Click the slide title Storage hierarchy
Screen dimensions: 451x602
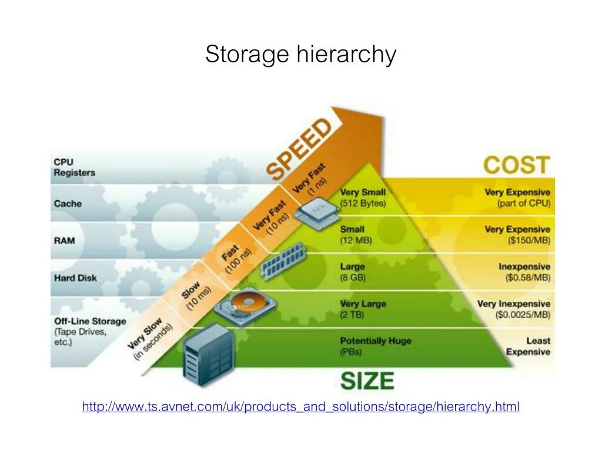300,55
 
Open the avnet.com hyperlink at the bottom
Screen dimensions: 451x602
300,406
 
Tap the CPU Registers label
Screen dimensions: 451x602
74,167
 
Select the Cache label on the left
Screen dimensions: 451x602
68,204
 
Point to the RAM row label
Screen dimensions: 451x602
65,241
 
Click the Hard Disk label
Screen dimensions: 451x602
75,278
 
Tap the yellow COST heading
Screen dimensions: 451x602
517,165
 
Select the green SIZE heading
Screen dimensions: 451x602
367,381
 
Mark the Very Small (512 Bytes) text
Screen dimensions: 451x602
363,198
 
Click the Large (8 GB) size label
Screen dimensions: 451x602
353,272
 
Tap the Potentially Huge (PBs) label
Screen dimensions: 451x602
375,346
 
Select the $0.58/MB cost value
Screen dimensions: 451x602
528,278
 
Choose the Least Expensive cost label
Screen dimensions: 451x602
529,346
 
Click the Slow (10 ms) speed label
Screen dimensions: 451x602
194,299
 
